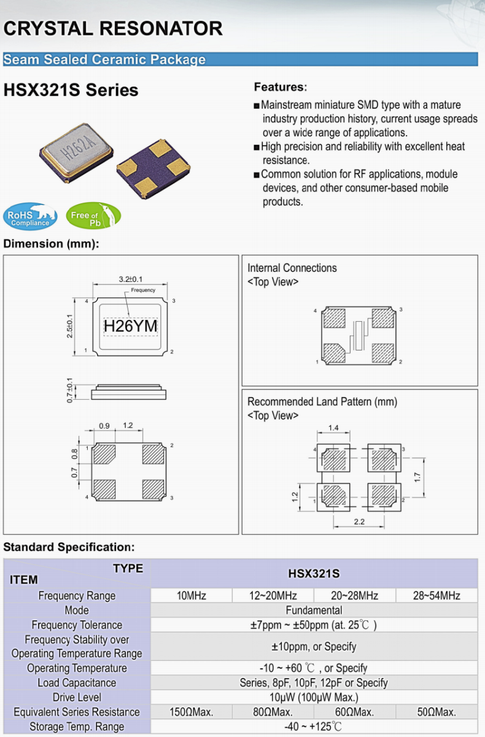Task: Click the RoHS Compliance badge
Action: (30, 216)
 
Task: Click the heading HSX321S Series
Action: (71, 90)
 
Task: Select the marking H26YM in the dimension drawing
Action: (130, 327)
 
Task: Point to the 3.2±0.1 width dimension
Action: (130, 279)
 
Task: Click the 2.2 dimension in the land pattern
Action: (360, 521)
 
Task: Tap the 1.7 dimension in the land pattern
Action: (417, 476)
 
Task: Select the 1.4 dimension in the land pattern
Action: (333, 427)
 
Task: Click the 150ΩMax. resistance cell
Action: (192, 712)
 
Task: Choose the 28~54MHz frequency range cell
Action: (437, 596)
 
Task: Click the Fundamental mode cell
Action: (314, 610)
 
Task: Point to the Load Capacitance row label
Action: (77, 683)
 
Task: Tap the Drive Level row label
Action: (77, 698)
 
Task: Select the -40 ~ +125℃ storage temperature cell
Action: (314, 727)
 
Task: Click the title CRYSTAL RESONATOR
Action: (113, 28)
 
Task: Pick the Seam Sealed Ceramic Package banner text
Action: (104, 60)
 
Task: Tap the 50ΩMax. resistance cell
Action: (437, 712)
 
